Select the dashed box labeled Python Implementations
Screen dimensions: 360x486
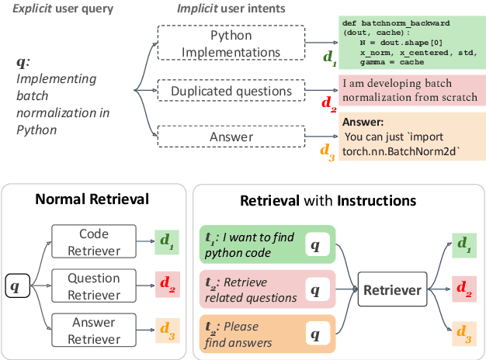pyautogui.click(x=231, y=44)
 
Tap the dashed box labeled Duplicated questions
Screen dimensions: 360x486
pyautogui.click(x=231, y=91)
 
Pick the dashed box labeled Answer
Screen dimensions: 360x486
pyautogui.click(x=231, y=137)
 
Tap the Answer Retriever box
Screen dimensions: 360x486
pyautogui.click(x=93, y=330)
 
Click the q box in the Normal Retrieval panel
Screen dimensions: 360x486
pyautogui.click(x=16, y=286)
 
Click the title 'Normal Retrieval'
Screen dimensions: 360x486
pyautogui.click(x=92, y=199)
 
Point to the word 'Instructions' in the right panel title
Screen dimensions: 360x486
pyautogui.click(x=376, y=201)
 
